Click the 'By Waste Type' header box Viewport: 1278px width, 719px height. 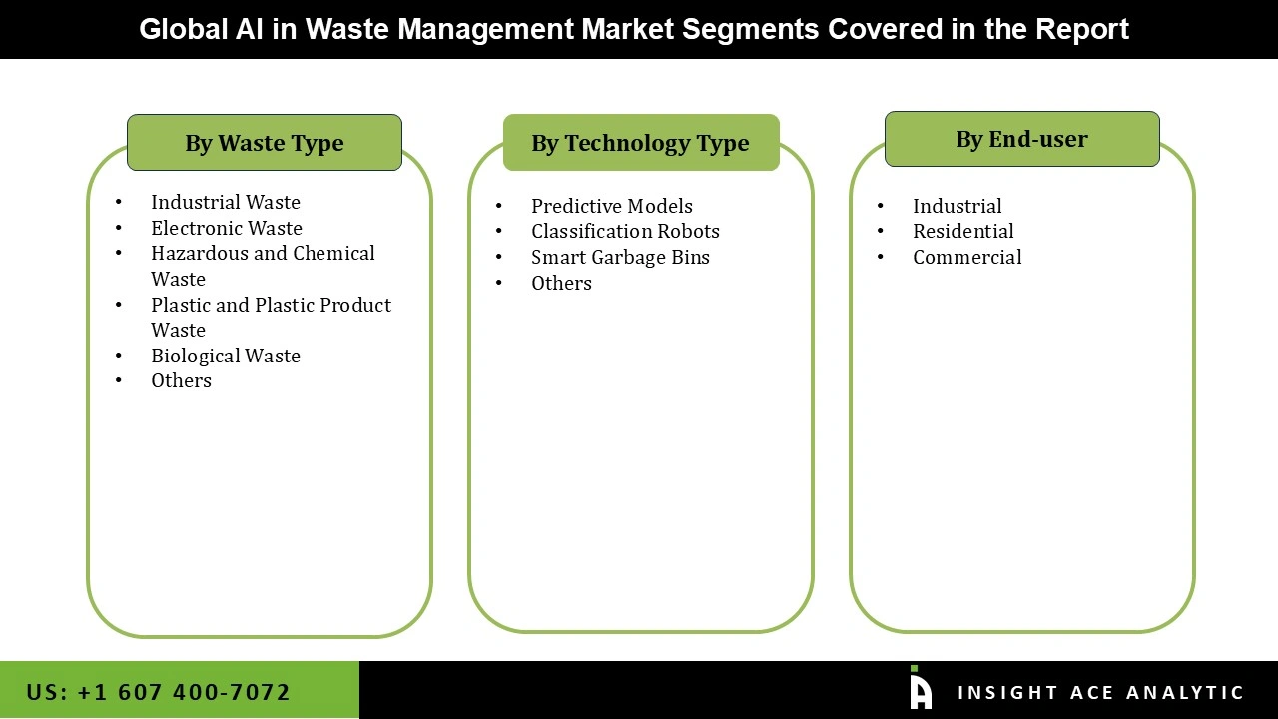(264, 143)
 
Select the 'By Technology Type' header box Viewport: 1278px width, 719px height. (640, 143)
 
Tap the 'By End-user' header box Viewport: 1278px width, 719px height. (1021, 139)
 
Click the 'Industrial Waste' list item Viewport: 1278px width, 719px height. (226, 202)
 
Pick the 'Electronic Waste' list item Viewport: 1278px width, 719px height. (227, 228)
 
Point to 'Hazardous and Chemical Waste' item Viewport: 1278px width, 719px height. (263, 266)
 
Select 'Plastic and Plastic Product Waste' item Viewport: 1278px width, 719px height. (271, 317)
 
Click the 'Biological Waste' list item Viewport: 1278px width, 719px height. (226, 356)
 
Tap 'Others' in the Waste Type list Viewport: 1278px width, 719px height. (181, 380)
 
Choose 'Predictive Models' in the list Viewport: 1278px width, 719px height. (611, 206)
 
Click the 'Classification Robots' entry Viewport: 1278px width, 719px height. (625, 231)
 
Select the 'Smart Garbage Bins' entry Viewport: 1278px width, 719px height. (620, 257)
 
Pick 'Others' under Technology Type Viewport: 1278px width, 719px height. (561, 283)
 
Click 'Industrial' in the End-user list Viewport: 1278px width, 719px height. (957, 206)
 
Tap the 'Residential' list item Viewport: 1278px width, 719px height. (962, 231)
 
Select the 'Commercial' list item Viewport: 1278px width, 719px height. (966, 257)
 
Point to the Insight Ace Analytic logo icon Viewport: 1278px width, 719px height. (921, 689)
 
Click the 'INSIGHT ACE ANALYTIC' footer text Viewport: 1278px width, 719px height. (1100, 693)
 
